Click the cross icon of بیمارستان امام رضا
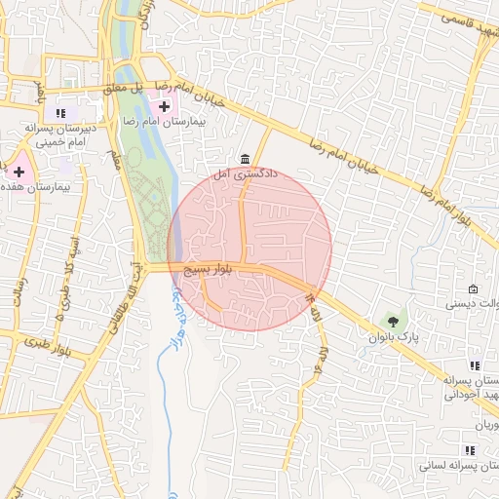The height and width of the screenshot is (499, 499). pyautogui.click(x=164, y=105)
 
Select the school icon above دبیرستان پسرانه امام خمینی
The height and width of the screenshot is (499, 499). pyautogui.click(x=63, y=113)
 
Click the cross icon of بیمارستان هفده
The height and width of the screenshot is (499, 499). pyautogui.click(x=19, y=171)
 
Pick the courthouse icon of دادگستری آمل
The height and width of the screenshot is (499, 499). pyautogui.click(x=244, y=159)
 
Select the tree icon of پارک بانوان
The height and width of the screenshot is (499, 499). pyautogui.click(x=393, y=321)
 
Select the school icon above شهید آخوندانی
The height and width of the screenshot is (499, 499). pyautogui.click(x=475, y=365)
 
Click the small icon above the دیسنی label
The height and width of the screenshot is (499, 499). pyautogui.click(x=473, y=288)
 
